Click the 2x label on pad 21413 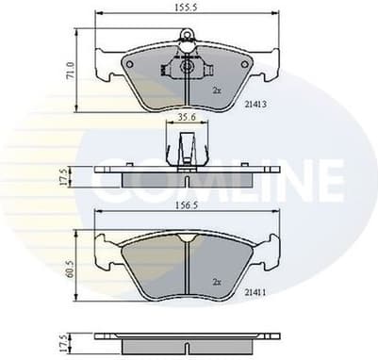tap(216, 90)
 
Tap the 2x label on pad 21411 tap(216, 281)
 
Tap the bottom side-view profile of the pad tap(187, 336)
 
